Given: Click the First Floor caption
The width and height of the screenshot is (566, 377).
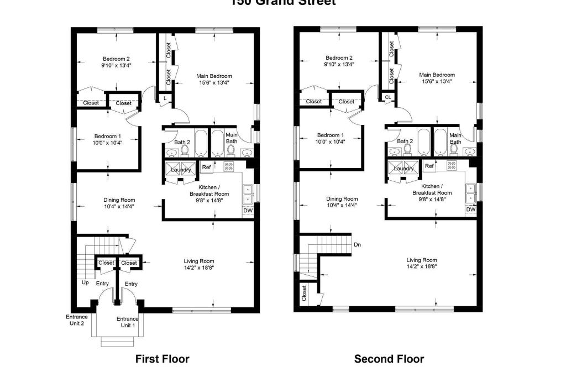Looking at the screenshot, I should [x=162, y=359].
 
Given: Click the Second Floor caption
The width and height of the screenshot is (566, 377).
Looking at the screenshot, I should [x=389, y=359].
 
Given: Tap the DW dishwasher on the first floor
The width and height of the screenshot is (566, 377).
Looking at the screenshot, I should [x=247, y=211].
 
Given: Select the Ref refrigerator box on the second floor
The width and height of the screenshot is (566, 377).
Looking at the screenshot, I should [x=429, y=166].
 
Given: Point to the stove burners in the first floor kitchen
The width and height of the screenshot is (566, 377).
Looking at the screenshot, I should [x=229, y=166].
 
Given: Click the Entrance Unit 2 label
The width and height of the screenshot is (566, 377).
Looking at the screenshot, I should [x=76, y=320].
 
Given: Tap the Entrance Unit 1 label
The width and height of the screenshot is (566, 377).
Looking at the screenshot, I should [x=127, y=322].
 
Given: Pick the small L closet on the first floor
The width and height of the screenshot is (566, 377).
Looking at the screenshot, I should [x=165, y=98].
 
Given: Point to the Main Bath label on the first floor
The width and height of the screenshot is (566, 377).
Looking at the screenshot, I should [x=231, y=138].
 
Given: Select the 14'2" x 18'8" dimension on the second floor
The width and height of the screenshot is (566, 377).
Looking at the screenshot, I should [x=422, y=267].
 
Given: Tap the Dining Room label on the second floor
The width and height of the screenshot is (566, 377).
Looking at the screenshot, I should [x=342, y=199].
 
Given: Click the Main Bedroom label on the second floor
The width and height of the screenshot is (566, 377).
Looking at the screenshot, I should [x=437, y=75].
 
